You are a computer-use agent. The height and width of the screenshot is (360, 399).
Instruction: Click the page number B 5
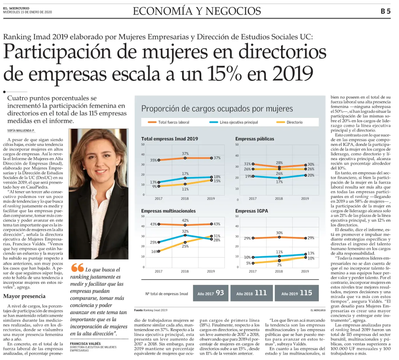[x=386, y=11]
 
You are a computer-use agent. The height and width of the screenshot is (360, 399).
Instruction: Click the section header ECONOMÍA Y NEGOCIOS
[x=197, y=11]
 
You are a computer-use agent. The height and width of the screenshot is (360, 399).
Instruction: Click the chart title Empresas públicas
[x=255, y=139]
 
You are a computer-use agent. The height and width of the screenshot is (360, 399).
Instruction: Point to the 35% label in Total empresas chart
[x=153, y=160]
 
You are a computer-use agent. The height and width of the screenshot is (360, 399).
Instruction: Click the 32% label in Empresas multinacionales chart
[x=185, y=231]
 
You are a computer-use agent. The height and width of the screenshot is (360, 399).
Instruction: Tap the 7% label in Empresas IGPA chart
[x=279, y=265]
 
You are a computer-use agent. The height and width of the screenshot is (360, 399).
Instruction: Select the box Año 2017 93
[x=211, y=293]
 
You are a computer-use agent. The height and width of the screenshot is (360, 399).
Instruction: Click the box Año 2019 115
[x=297, y=293]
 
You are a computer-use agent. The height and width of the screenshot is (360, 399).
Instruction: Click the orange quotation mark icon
[x=77, y=268]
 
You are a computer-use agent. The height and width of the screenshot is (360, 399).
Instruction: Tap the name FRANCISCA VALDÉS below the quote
[x=85, y=344]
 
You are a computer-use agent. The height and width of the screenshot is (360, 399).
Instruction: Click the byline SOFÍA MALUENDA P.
[x=21, y=131]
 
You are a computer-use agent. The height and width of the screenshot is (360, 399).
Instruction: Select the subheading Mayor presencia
[x=24, y=296]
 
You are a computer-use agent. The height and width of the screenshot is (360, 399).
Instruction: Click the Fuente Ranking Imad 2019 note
[x=151, y=310]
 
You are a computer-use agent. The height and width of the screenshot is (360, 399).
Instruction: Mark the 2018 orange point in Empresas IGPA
[x=279, y=237]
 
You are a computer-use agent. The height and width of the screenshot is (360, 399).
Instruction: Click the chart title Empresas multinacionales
[x=169, y=211]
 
